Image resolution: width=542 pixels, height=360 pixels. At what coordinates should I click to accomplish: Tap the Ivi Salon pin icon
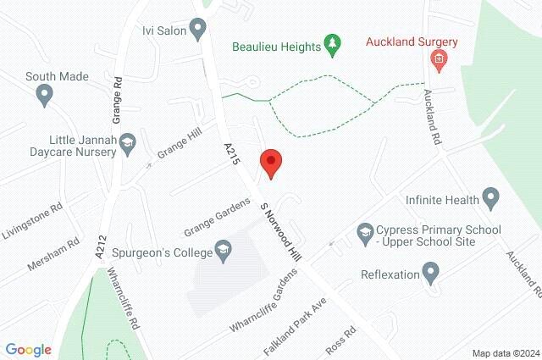(x=199, y=31)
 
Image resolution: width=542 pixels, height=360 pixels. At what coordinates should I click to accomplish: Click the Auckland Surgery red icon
(x=439, y=58)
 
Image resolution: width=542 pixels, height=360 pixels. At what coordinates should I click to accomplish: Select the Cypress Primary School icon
(x=364, y=230)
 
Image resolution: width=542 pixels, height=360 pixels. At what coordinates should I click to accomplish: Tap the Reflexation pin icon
(x=430, y=274)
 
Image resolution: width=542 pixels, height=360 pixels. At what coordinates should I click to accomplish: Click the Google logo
(x=28, y=350)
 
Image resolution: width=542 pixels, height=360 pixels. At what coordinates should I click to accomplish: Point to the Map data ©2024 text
(x=506, y=353)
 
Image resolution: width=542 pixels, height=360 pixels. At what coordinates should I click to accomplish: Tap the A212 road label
(x=100, y=243)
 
